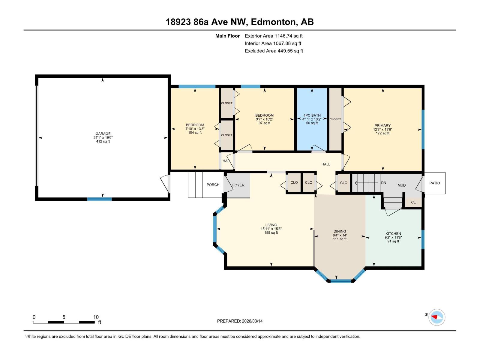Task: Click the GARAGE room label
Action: [103, 134]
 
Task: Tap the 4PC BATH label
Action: [312, 115]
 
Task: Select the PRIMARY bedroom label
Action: [382, 126]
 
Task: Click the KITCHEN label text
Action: [393, 234]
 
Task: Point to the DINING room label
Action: [340, 231]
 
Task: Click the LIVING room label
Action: [271, 225]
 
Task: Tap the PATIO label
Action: [434, 183]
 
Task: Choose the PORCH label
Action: [213, 185]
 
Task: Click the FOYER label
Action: [238, 185]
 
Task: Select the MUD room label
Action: [401, 185]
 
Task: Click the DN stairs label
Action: [383, 183]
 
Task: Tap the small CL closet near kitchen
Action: [413, 202]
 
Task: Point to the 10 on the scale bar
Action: [96, 317]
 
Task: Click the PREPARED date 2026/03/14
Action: [252, 321]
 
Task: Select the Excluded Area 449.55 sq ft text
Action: [274, 51]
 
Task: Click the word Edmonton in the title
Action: [273, 22]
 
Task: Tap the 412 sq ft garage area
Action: [103, 141]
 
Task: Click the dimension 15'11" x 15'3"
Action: [271, 229]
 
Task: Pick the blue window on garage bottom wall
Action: [99, 199]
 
